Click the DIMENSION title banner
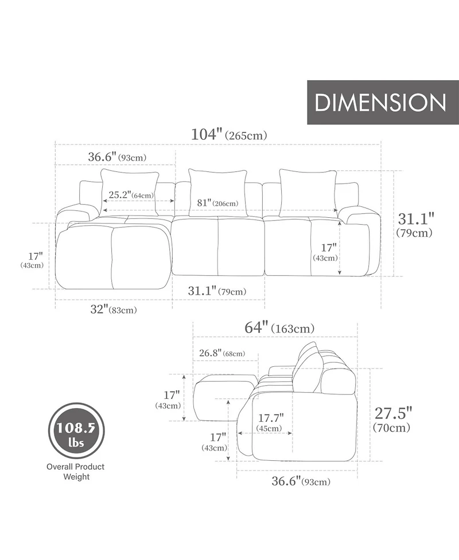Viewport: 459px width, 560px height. coord(383,102)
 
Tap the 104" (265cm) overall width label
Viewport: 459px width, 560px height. coord(229,135)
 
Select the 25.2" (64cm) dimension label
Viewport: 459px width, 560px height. coord(131,195)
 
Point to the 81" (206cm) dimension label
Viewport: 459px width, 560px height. coord(217,203)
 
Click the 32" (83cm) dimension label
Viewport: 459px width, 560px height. coord(114,310)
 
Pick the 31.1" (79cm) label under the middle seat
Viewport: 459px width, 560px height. coord(217,291)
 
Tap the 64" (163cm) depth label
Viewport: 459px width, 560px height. coord(279,327)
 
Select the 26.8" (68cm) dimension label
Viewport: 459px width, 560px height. coord(222,353)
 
